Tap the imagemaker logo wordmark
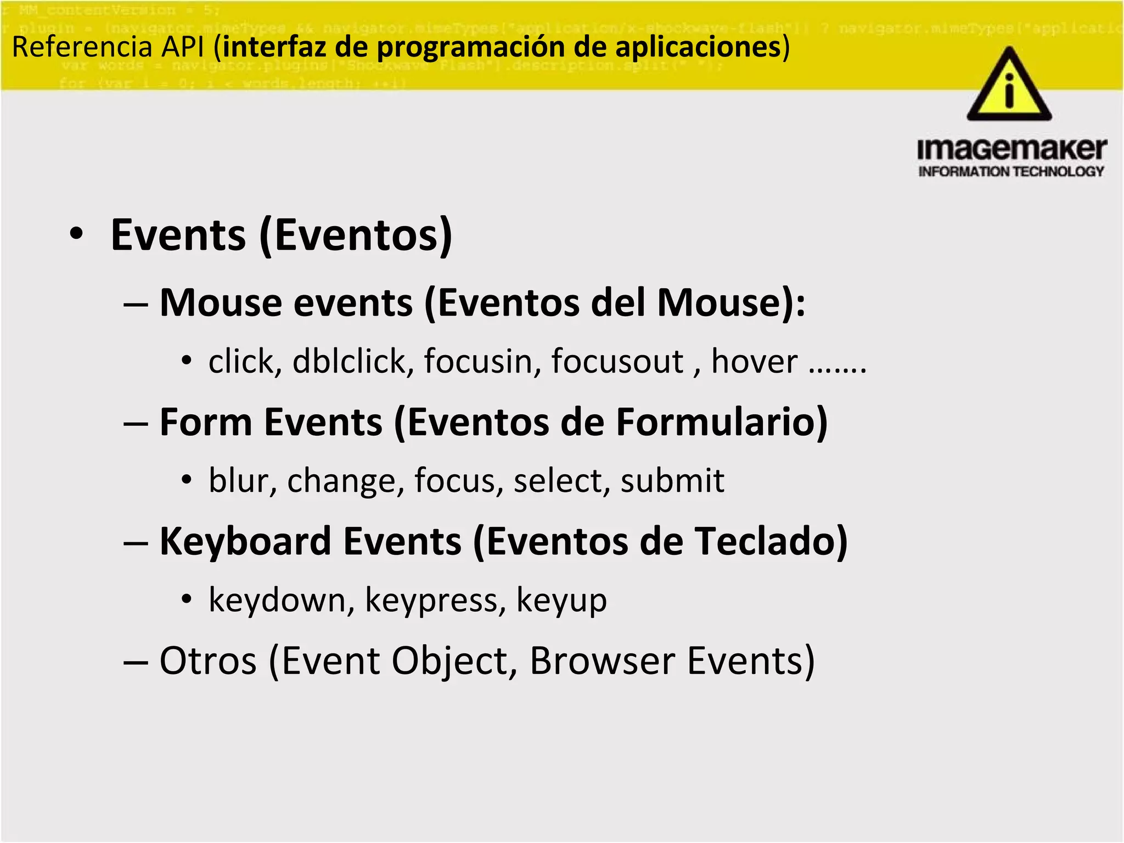pyautogui.click(x=1011, y=149)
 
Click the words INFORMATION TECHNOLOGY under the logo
pyautogui.click(x=1011, y=172)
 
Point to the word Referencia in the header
pyautogui.click(x=81, y=47)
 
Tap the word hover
pyautogui.click(x=754, y=362)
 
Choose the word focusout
pyautogui.click(x=617, y=362)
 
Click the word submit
pyautogui.click(x=672, y=481)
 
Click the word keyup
pyautogui.click(x=561, y=600)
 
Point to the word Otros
pyautogui.click(x=208, y=661)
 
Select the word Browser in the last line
pyautogui.click(x=602, y=661)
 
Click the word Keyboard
pyautogui.click(x=245, y=542)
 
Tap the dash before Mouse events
pyautogui.click(x=135, y=304)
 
